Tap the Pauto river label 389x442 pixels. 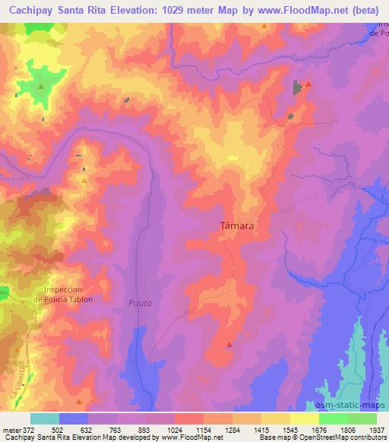tap(140, 303)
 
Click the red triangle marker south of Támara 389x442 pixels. tap(229, 344)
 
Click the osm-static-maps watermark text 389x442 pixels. tap(356, 404)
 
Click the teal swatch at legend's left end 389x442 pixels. tap(44, 418)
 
